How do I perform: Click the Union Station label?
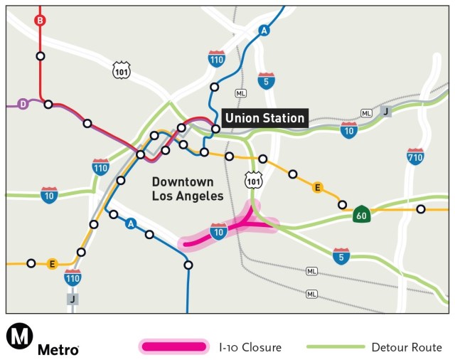(x=264, y=118)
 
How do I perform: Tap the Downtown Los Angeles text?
(x=188, y=189)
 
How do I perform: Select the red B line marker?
(x=40, y=20)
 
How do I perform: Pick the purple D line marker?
(x=23, y=104)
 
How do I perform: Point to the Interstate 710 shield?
(x=416, y=157)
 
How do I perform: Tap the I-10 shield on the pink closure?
(x=219, y=232)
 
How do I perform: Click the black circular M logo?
(x=18, y=337)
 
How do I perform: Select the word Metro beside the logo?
(x=58, y=349)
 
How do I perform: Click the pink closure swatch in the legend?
(x=173, y=347)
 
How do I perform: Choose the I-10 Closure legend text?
(x=250, y=347)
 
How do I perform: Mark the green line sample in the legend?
(x=334, y=347)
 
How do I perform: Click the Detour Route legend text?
(x=406, y=347)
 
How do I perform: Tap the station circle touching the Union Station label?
(x=215, y=129)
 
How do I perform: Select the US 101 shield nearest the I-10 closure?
(x=254, y=181)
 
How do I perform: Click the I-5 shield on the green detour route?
(x=341, y=254)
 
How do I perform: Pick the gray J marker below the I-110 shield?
(x=72, y=299)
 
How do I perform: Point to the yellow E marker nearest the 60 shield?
(x=318, y=187)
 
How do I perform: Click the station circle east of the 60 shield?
(x=421, y=209)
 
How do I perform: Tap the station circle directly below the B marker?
(x=41, y=55)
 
